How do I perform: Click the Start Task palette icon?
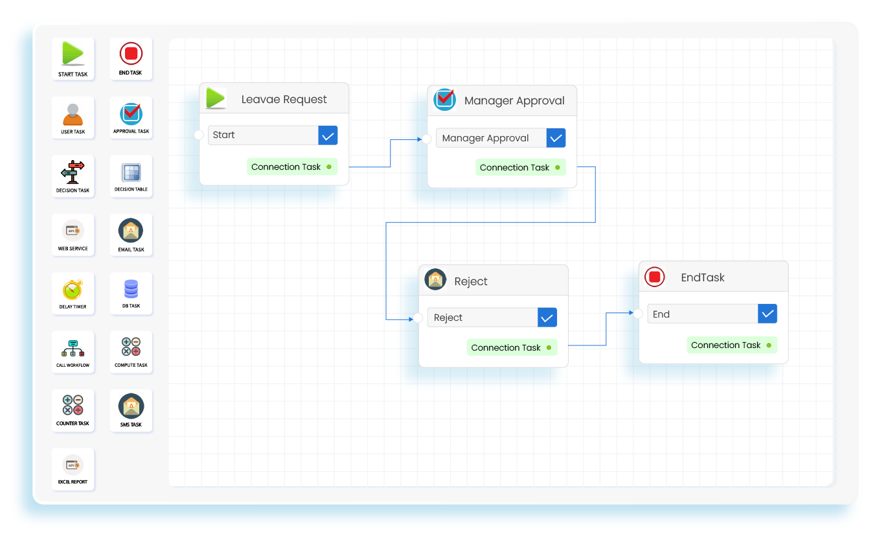tap(73, 54)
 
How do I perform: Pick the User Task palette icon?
tap(73, 114)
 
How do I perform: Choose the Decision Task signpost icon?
tap(73, 172)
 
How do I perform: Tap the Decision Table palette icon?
tap(131, 173)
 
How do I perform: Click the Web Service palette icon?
tap(73, 231)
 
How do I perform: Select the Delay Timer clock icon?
tap(73, 290)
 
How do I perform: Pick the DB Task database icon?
tap(131, 289)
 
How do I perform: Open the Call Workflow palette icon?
tap(73, 348)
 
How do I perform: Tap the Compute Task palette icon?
tap(131, 347)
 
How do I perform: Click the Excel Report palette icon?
tap(73, 465)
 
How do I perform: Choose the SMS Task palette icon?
tap(131, 406)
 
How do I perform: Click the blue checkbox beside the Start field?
tap(328, 135)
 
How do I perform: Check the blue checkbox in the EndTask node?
tap(768, 314)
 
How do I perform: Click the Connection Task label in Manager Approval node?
tap(514, 168)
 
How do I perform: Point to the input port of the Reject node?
tap(418, 318)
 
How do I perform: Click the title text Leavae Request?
tap(284, 100)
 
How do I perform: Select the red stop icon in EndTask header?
tap(654, 277)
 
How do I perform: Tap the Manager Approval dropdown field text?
tap(485, 138)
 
